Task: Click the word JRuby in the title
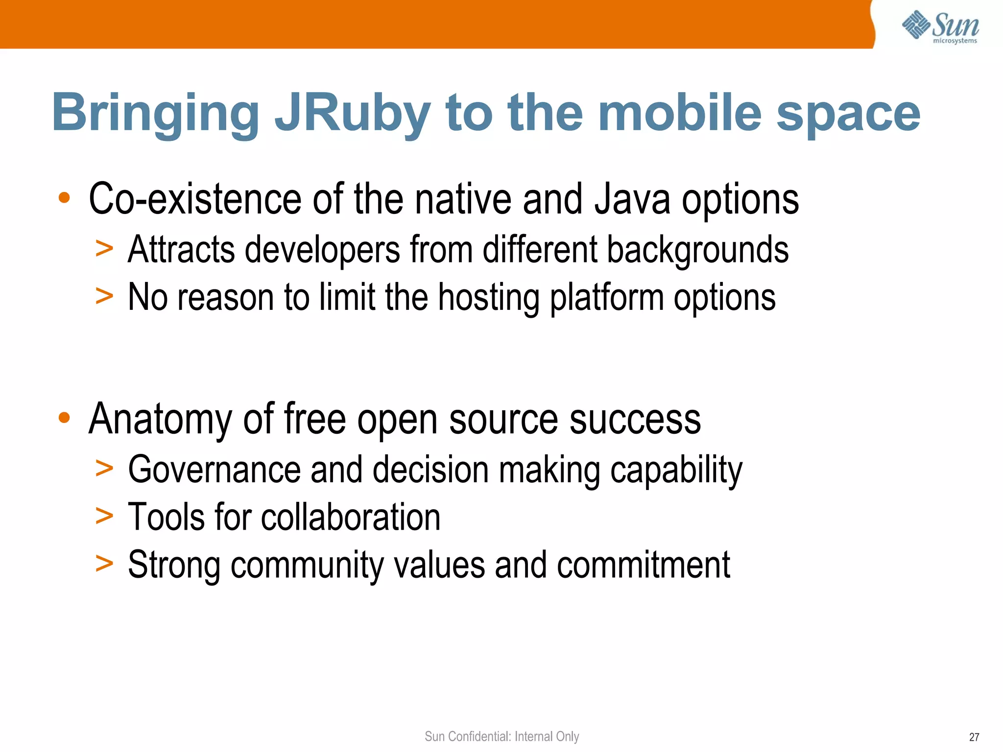click(352, 114)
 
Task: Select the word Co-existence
click(195, 199)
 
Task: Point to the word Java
click(632, 199)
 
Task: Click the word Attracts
click(181, 250)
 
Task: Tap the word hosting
click(488, 298)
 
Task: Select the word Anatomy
click(160, 420)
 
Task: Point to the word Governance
click(214, 470)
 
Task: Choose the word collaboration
click(350, 517)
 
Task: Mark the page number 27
click(974, 737)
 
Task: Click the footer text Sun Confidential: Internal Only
click(501, 736)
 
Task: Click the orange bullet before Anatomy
click(64, 419)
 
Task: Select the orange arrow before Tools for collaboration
click(104, 516)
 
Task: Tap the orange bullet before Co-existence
click(64, 198)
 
